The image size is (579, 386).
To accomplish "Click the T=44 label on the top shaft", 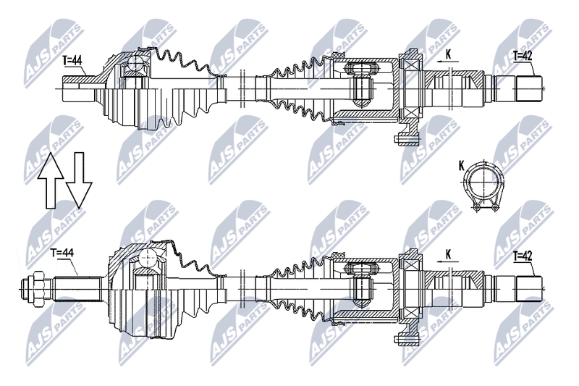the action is click(x=72, y=60).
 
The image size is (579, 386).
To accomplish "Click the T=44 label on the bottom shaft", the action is click(x=62, y=253).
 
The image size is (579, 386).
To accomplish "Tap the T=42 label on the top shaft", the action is click(x=523, y=56).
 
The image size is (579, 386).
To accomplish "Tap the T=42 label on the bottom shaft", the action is click(x=523, y=256).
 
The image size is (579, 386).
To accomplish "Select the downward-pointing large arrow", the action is click(x=79, y=179).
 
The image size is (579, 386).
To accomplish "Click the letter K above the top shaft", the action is click(x=448, y=54).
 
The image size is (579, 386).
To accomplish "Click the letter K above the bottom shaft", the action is click(x=448, y=254).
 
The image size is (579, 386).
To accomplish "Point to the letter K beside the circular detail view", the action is click(x=462, y=167).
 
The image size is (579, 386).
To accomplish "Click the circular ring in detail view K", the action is click(x=484, y=182).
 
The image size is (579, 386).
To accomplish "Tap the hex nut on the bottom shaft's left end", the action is click(x=38, y=288).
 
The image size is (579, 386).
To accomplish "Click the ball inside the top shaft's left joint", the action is click(x=136, y=64).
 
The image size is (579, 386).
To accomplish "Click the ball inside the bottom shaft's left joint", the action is click(x=150, y=256).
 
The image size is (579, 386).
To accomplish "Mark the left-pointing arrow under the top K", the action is click(x=447, y=62).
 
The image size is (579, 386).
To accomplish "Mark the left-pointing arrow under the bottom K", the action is click(x=447, y=261).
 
